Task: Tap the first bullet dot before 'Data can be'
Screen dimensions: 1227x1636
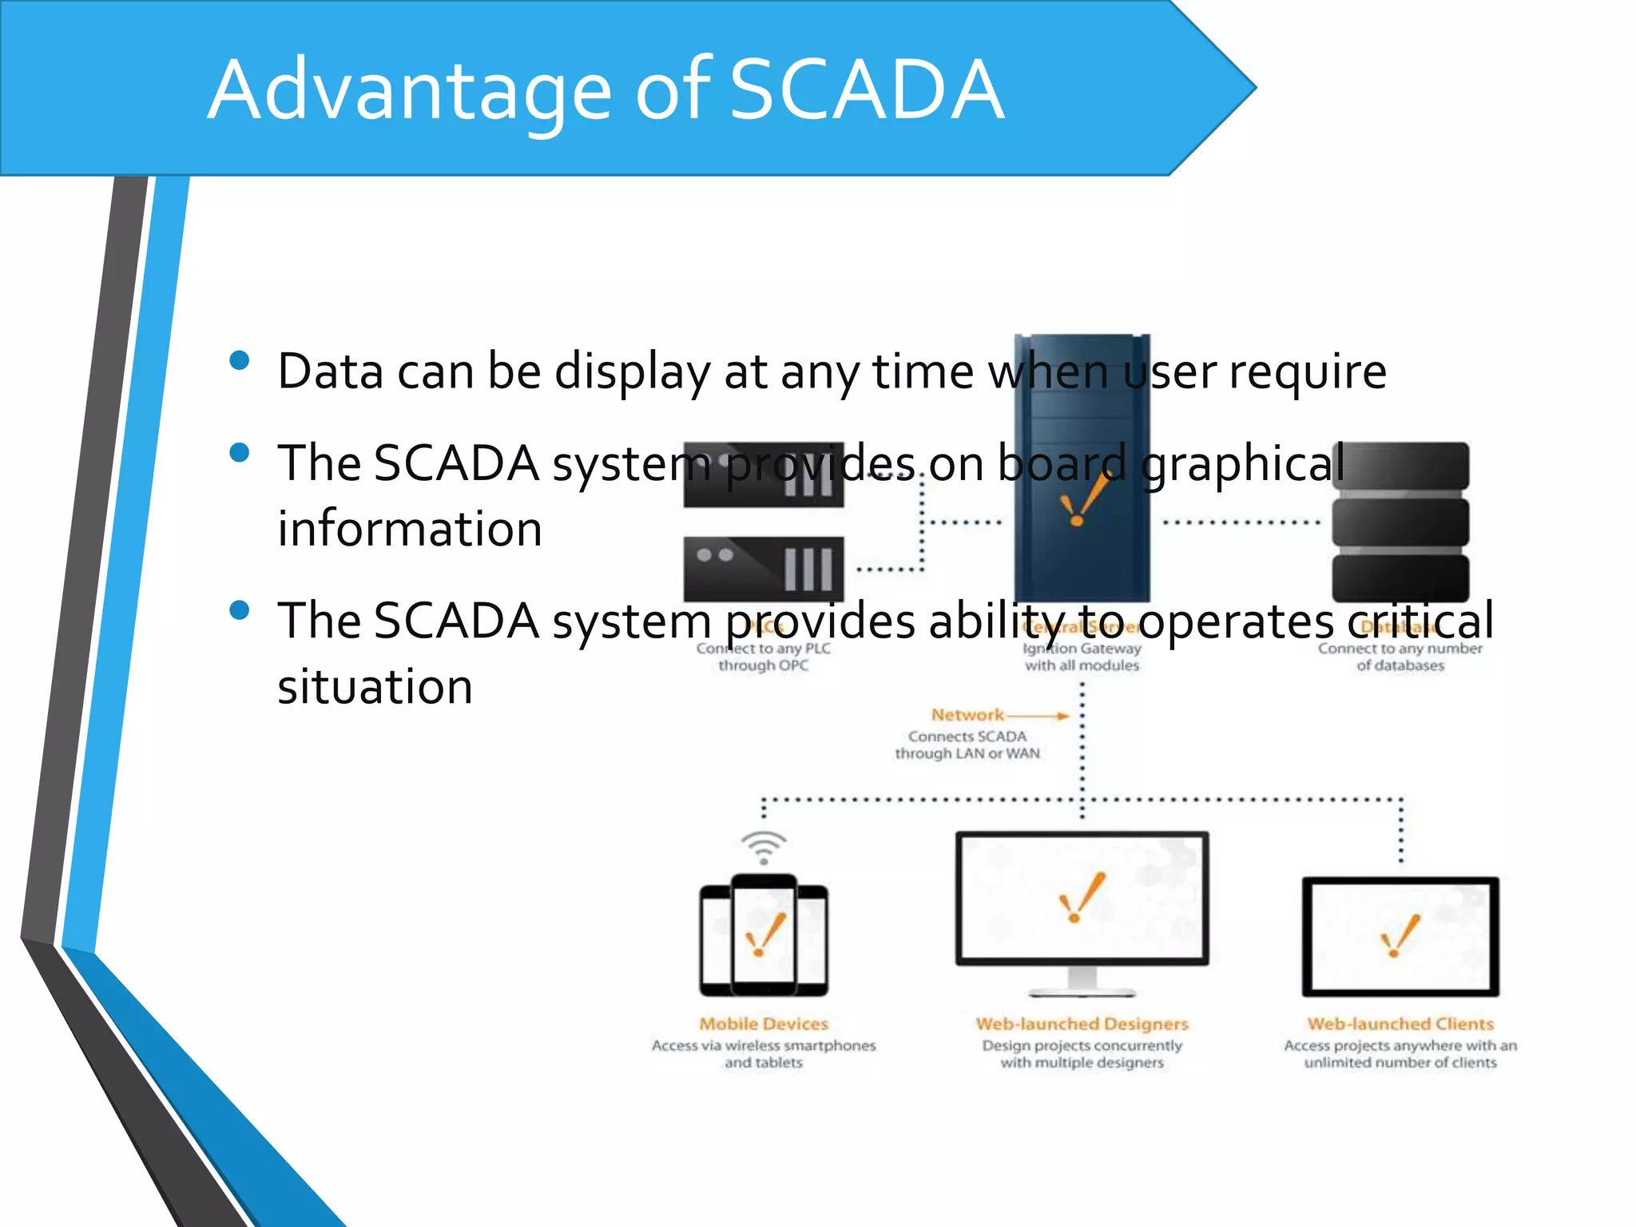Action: point(239,360)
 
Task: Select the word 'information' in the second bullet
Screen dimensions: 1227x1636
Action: point(410,529)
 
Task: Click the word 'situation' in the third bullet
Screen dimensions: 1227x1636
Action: point(375,686)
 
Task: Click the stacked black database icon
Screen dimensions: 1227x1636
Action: point(1400,522)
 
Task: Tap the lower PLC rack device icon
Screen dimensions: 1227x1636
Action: point(763,569)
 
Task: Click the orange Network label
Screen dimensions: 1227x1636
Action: point(967,714)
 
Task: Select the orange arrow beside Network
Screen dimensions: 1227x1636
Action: point(1038,716)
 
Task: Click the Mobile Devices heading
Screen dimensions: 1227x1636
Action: point(764,1023)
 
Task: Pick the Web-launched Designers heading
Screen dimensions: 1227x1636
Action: point(1082,1023)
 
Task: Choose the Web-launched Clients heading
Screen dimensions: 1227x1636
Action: point(1400,1023)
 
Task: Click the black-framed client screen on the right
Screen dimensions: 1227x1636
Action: point(1400,936)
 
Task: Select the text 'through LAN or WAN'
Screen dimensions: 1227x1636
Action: point(967,753)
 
